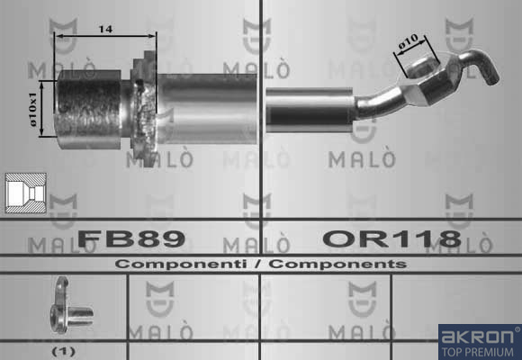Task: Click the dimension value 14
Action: click(105, 30)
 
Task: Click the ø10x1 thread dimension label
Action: click(33, 109)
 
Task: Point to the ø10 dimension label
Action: click(409, 41)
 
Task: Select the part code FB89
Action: click(131, 238)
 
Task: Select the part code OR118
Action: click(392, 238)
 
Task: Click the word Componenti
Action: click(181, 264)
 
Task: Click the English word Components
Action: click(337, 264)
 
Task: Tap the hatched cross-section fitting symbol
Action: click(26, 193)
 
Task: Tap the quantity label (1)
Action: click(64, 351)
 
